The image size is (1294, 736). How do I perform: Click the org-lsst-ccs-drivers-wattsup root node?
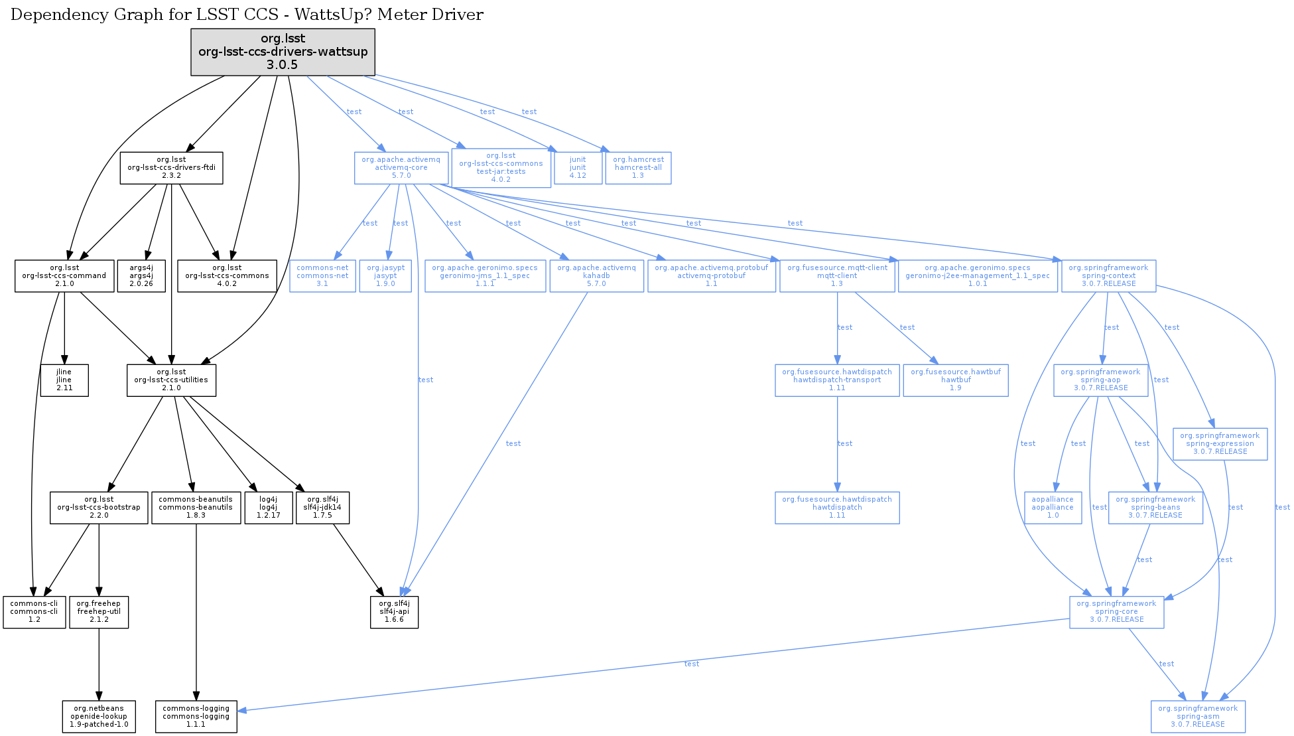click(283, 52)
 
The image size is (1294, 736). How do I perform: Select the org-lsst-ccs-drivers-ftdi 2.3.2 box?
click(171, 168)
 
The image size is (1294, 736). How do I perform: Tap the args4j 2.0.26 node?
click(141, 275)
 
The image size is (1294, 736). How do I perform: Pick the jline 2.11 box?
click(64, 380)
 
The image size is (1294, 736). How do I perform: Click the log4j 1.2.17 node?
click(269, 507)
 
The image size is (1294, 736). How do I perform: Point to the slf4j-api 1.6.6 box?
click(394, 611)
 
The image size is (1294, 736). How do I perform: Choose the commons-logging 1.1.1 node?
click(196, 716)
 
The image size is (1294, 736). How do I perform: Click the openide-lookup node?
click(99, 716)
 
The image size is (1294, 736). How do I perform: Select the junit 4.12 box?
click(578, 168)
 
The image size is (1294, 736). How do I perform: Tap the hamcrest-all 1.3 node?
click(638, 168)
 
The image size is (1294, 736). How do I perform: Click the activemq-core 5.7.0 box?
click(401, 168)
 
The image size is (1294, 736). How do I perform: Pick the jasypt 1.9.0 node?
click(385, 275)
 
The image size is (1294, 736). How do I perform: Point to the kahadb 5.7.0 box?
click(596, 275)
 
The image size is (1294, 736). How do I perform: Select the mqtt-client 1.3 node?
click(837, 275)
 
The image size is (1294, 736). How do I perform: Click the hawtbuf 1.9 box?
click(955, 380)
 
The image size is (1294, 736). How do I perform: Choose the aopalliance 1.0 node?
click(1053, 507)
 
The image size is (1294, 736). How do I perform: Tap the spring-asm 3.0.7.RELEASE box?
click(1198, 716)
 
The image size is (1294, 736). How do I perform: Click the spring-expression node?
click(1220, 443)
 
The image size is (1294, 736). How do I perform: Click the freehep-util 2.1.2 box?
click(99, 611)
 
